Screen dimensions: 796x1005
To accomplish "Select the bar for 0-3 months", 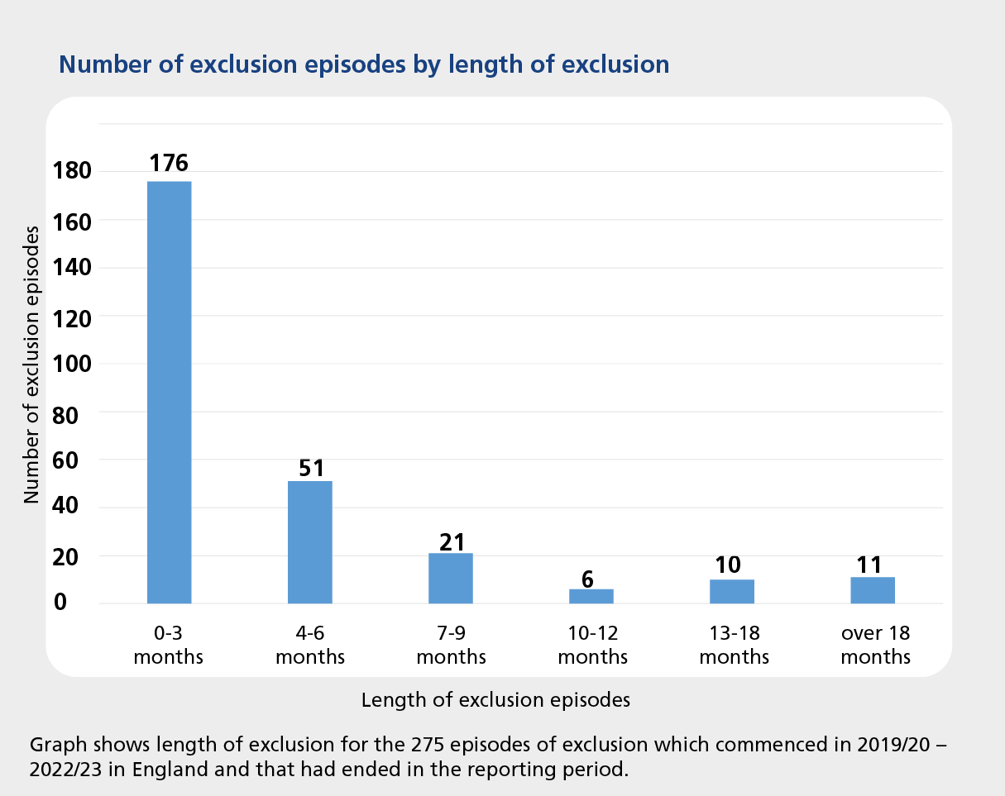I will pyautogui.click(x=169, y=392).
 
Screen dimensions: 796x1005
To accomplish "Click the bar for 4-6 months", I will pyautogui.click(x=309, y=541).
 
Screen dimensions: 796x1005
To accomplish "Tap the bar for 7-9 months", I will pyautogui.click(x=450, y=578).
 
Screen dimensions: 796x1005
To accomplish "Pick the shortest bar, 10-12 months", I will pyautogui.click(x=591, y=596).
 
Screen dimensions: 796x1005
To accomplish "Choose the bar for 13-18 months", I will pyautogui.click(x=731, y=591).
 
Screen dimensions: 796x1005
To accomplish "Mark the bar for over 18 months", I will pyautogui.click(x=872, y=590).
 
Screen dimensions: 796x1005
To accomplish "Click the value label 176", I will pyautogui.click(x=169, y=163).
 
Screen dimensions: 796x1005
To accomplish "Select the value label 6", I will pyautogui.click(x=589, y=578).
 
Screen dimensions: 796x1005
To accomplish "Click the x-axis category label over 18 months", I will pyautogui.click(x=875, y=646).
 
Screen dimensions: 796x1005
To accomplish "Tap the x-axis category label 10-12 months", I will pyautogui.click(x=593, y=646).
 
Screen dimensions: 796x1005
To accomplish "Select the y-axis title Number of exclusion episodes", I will pyautogui.click(x=31, y=364).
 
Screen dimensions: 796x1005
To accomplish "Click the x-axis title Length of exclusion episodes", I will pyautogui.click(x=495, y=700).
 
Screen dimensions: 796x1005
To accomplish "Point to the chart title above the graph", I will pyautogui.click(x=364, y=64).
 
